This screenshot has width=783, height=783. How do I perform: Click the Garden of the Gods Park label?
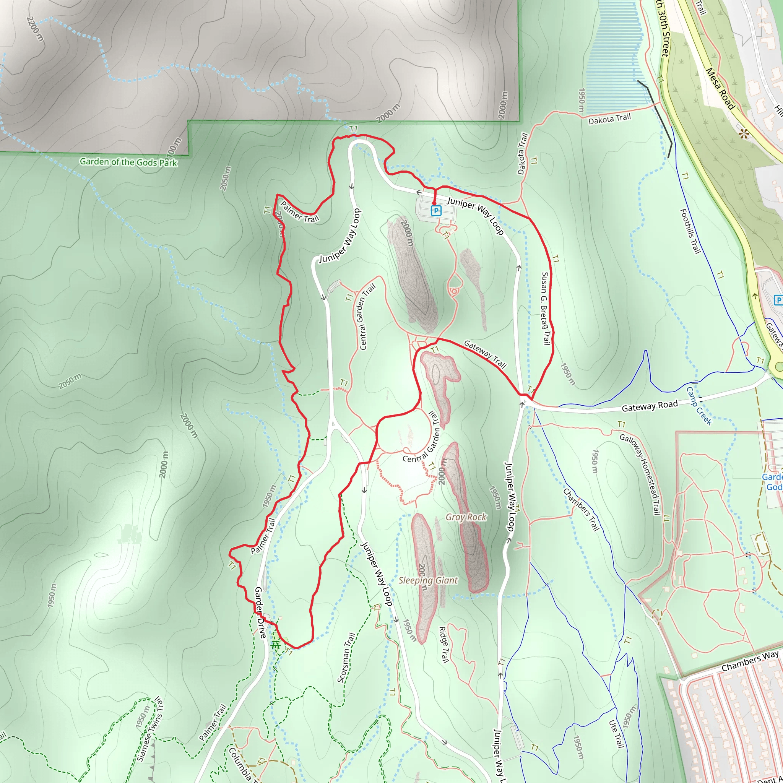pos(128,162)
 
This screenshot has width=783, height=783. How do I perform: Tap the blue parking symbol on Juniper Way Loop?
pos(436,211)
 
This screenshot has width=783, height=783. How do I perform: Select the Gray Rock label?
pos(466,517)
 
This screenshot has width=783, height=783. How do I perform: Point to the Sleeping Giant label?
pos(428,580)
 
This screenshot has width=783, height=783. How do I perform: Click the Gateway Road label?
pos(650,406)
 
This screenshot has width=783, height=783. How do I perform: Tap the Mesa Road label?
pos(720,88)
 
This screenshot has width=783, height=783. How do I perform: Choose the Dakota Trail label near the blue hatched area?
pos(609,119)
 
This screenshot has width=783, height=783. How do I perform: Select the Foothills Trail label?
pos(690,231)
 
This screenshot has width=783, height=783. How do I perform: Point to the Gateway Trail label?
pos(485,354)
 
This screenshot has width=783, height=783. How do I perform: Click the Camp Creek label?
pos(699,406)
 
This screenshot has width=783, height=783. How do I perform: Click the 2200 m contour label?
pos(35,29)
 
